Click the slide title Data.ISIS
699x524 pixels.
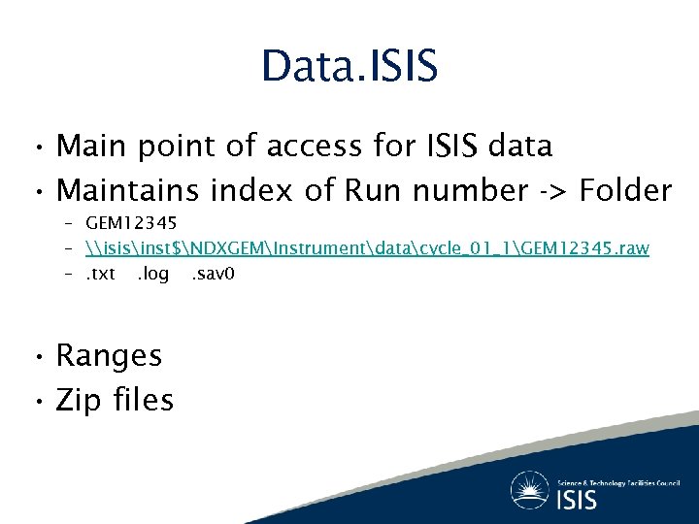coord(349,66)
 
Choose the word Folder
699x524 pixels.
coord(625,191)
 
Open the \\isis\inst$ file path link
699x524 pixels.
coord(367,249)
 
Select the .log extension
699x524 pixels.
coord(152,274)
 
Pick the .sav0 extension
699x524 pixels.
coord(213,274)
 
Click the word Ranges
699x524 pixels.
coord(109,356)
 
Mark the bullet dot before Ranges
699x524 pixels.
coord(34,357)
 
